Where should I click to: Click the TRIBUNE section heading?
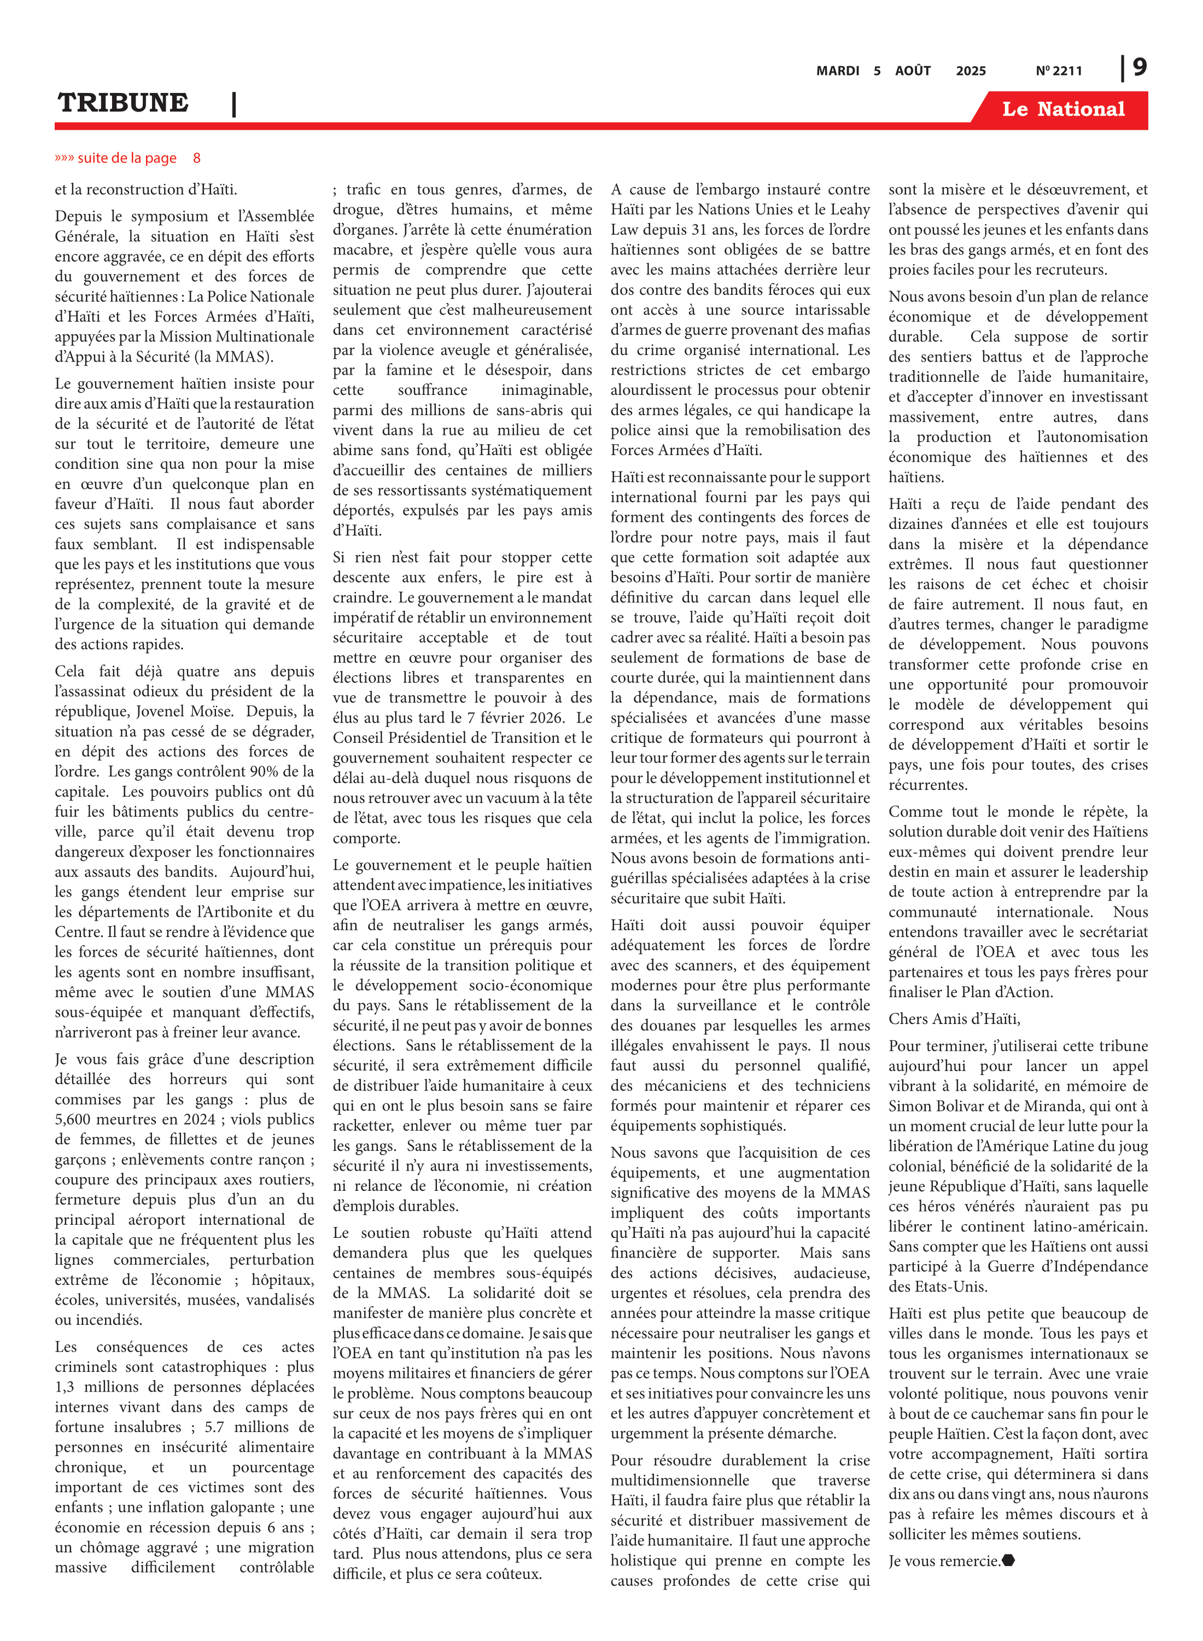tap(123, 103)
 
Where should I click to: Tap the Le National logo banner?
tap(1062, 109)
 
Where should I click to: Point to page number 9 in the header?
tap(1140, 68)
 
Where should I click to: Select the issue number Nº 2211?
tap(1058, 71)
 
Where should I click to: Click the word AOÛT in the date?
tap(913, 71)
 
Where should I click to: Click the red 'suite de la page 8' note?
tap(127, 158)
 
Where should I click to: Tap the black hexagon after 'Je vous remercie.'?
tap(1008, 1561)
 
